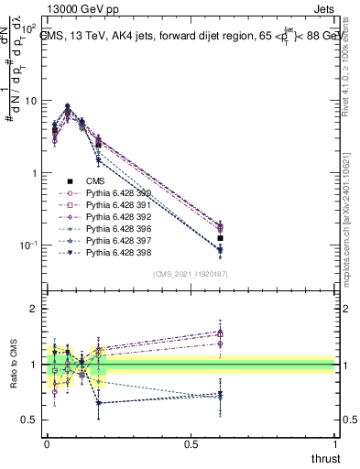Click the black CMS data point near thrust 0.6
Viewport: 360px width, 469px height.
coord(220,238)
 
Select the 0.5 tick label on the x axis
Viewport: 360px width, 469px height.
coord(191,443)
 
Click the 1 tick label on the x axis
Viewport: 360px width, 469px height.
coord(335,443)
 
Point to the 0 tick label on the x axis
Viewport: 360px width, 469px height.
coord(46,443)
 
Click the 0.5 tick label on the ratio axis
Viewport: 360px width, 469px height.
coord(31,420)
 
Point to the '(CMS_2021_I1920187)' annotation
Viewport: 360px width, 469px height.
coord(190,273)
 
